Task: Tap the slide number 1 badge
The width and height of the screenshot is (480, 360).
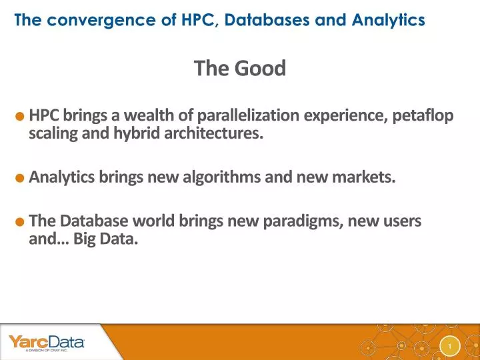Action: coord(451,346)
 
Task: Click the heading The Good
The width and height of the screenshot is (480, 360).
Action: coord(240,68)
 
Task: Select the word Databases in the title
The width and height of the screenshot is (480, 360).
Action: coord(261,20)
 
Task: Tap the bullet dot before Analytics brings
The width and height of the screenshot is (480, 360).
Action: coord(21,178)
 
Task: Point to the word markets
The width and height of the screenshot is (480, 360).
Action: coord(369,178)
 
